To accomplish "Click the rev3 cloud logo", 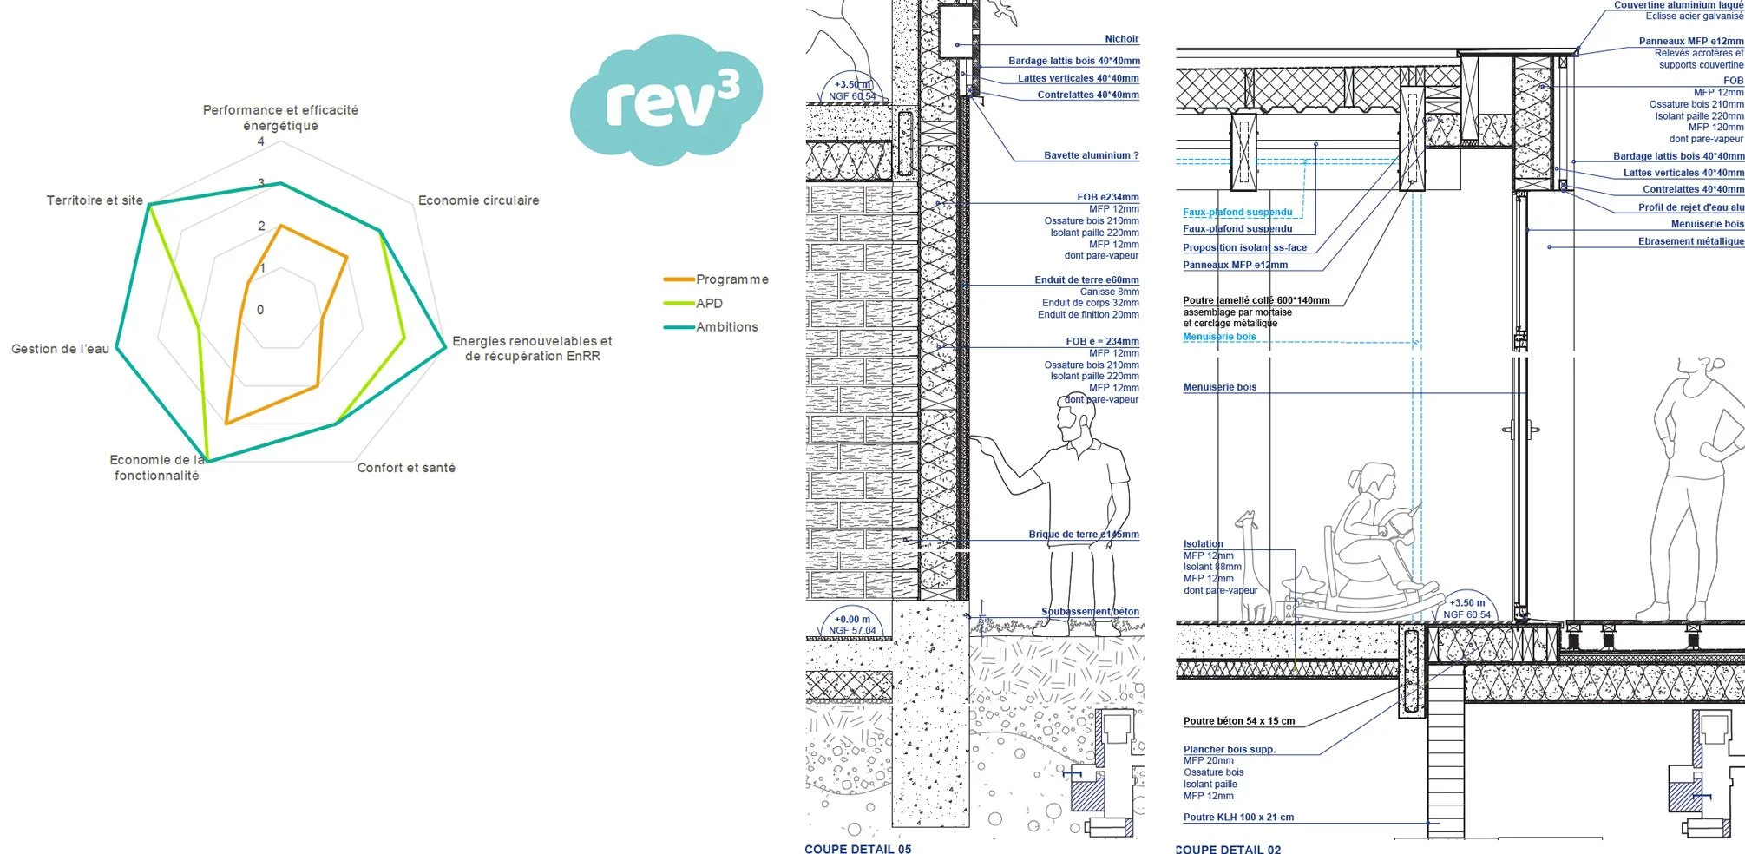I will pos(666,100).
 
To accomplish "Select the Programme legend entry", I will pos(731,279).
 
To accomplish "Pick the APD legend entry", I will pos(709,303).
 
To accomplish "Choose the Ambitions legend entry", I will pos(726,327).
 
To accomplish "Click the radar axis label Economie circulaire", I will pos(478,200).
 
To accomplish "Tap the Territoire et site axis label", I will pos(95,200).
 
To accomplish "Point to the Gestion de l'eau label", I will pos(60,349).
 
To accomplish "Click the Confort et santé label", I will pos(406,468).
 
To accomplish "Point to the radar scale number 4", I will pos(260,141).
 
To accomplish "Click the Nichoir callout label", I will pos(1121,39).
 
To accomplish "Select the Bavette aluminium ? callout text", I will pos(1091,156).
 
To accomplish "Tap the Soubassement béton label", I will pos(1090,612).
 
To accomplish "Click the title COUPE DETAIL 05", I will pos(857,848).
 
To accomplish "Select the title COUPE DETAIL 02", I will pos(1228,849).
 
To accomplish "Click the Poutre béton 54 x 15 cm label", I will pos(1238,721).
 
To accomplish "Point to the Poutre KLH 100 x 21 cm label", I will pos(1238,818).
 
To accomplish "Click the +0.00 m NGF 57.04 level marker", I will pos(852,625).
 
